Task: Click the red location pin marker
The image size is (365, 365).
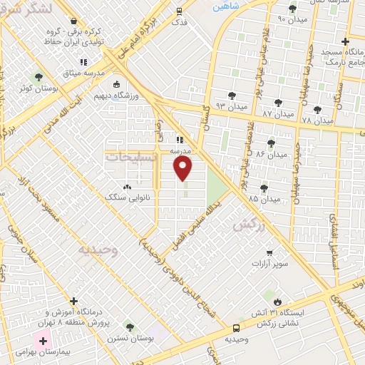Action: pos(184,168)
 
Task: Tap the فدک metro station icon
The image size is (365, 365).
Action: pos(179,11)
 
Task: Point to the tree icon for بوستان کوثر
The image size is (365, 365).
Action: pos(38,76)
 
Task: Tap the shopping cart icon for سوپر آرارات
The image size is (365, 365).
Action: pos(269,252)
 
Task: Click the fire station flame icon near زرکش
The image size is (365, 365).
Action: pos(278,302)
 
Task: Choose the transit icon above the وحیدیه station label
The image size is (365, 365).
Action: pos(236,329)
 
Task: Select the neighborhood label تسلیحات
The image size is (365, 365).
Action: pos(132,157)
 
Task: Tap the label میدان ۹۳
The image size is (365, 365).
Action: pos(231,106)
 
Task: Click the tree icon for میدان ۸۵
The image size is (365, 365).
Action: pos(264,188)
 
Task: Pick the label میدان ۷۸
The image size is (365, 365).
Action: pos(317,120)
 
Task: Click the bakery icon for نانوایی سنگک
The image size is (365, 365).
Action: pos(128,187)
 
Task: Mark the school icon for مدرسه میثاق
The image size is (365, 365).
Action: pos(84,63)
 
